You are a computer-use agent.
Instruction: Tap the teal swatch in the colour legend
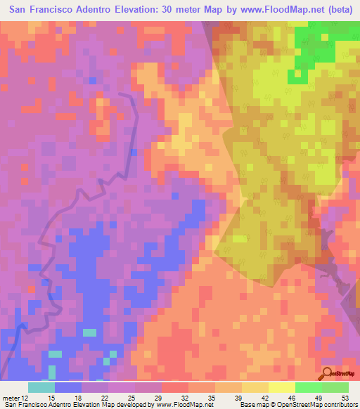pos(41,387)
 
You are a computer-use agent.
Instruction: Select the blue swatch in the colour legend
pos(67,387)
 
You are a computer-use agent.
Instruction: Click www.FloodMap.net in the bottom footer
pos(184,405)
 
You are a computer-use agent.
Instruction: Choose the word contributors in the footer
pos(340,405)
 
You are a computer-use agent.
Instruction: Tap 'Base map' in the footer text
pos(251,405)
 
